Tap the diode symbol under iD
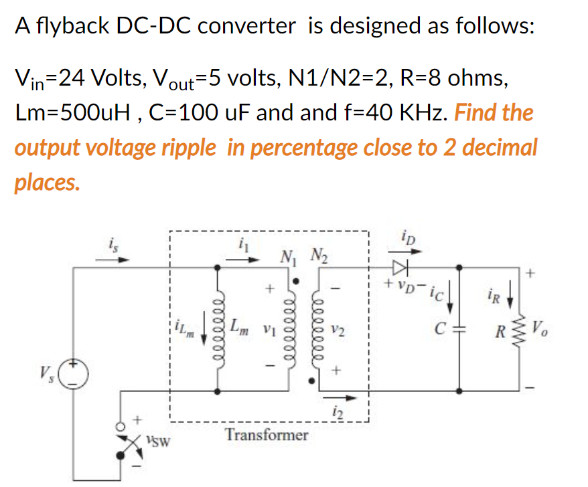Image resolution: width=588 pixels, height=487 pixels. click(401, 268)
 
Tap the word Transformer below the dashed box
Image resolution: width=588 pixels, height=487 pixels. click(267, 435)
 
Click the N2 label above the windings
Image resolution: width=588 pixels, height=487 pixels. click(317, 255)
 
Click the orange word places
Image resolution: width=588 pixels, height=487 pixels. click(46, 182)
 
